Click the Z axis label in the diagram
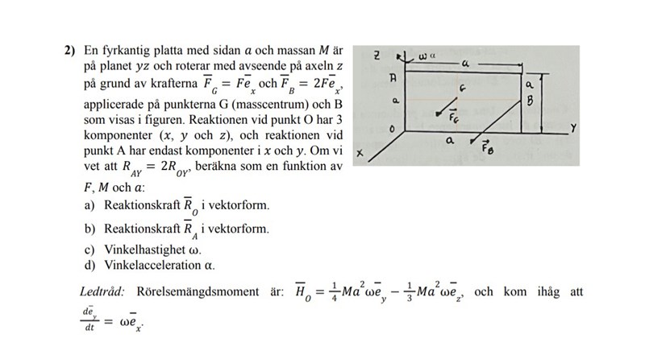pyautogui.click(x=377, y=56)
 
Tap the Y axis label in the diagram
pyautogui.click(x=572, y=128)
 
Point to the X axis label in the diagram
pyautogui.click(x=360, y=152)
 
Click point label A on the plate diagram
pyautogui.click(x=393, y=80)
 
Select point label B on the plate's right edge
pyautogui.click(x=530, y=102)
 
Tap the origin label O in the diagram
pyautogui.click(x=392, y=129)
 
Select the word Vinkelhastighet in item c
pyautogui.click(x=145, y=248)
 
